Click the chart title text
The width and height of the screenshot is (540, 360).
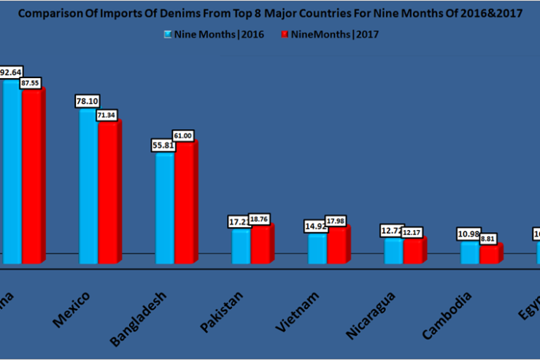tap(270, 14)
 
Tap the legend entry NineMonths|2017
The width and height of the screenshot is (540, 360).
tap(330, 34)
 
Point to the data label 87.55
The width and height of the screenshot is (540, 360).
tap(33, 84)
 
